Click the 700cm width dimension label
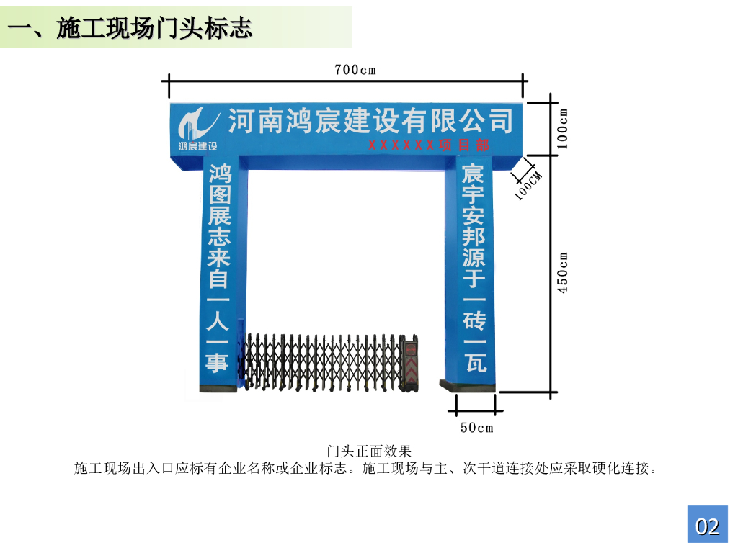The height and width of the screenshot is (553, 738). click(x=355, y=70)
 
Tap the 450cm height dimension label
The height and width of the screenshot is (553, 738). click(x=564, y=272)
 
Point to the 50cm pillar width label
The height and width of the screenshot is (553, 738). click(x=476, y=428)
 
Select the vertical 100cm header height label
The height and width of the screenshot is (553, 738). click(x=564, y=128)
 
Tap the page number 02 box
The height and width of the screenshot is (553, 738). click(x=707, y=526)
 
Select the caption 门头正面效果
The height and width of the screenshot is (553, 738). click(x=368, y=451)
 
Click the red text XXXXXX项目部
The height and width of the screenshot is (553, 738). click(x=429, y=145)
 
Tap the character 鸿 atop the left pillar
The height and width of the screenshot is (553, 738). click(x=219, y=174)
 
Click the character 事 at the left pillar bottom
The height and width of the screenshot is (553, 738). click(x=218, y=362)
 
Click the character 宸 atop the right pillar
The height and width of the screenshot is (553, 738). click(x=474, y=174)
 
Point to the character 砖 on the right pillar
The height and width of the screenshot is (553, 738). click(x=474, y=318)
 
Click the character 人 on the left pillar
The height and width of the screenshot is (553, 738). click(x=218, y=319)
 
